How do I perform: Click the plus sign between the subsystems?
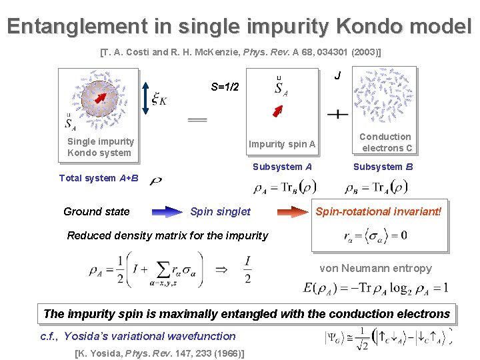tap(338, 114)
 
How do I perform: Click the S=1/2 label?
tap(229, 87)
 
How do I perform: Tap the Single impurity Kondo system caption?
tap(100, 147)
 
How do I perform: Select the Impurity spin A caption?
tap(282, 145)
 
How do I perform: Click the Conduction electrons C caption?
tap(386, 142)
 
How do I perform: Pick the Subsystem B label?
tap(383, 167)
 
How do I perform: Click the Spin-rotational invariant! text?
tap(378, 212)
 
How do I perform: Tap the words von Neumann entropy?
tap(375, 268)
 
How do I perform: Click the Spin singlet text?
tap(220, 212)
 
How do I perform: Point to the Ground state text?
tap(97, 212)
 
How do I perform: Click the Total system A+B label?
tap(99, 178)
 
